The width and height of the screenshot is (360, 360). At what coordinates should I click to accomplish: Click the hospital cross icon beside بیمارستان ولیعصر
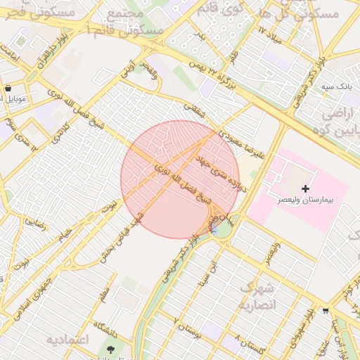coord(305,188)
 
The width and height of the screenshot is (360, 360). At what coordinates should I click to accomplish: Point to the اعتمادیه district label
coord(68,340)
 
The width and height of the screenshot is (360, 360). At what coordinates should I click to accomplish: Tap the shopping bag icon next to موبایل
coord(8,89)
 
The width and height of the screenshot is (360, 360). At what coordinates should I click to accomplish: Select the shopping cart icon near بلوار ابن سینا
coord(325,309)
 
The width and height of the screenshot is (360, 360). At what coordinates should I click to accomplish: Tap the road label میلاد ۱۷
coord(269,34)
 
